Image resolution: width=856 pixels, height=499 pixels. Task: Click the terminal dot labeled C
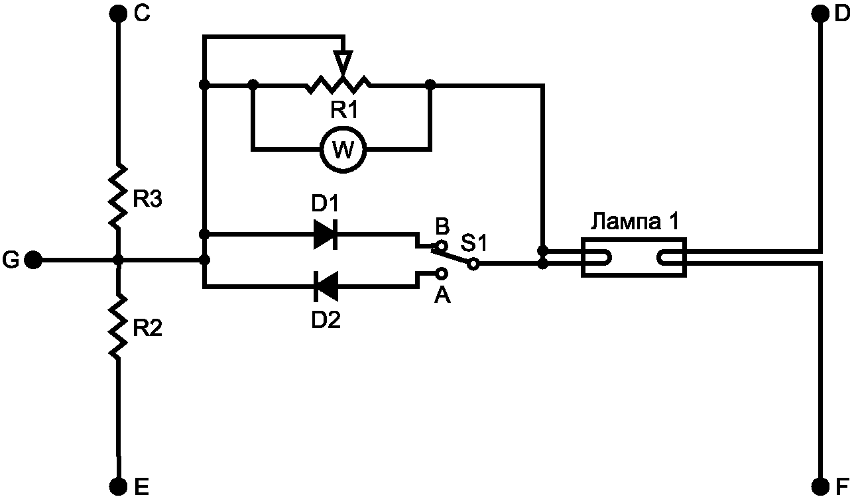pos(118,14)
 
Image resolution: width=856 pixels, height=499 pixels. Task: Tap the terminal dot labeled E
pos(119,486)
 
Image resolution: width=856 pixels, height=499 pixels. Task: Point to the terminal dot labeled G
pos(33,260)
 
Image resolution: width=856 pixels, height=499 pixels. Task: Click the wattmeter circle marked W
pos(343,149)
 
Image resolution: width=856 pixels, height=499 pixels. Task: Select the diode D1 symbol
pos(326,234)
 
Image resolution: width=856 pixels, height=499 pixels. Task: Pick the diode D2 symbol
pos(326,286)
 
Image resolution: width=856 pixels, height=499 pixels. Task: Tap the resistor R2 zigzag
pos(118,325)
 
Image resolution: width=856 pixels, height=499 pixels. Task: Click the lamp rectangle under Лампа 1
pos(634,257)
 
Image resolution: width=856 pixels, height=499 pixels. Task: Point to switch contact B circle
pos(442,245)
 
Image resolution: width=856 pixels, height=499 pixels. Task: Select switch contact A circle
pos(442,274)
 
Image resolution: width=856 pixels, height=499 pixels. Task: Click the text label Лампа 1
pos(635,221)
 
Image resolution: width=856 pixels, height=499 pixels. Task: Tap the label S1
pos(474,243)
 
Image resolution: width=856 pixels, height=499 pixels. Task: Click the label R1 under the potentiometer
pos(344,110)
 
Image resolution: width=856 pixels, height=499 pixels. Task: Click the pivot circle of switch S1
pos(473,264)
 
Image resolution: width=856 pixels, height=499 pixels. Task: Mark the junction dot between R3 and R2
pos(119,260)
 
